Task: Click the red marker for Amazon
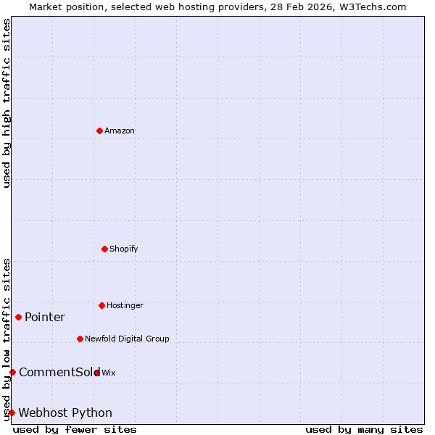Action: tap(99, 130)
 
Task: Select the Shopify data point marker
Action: tap(104, 249)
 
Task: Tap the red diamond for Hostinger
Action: tap(101, 305)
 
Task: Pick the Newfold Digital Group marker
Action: tap(80, 339)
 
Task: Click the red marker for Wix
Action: tap(96, 373)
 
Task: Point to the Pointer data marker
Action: tap(18, 317)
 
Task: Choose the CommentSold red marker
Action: tap(12, 372)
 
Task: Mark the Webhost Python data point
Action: tap(12, 413)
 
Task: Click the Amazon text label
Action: tap(120, 131)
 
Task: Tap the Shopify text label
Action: tap(124, 249)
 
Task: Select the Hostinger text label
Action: tap(125, 306)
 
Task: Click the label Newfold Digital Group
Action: tap(127, 339)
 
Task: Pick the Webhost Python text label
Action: tap(65, 413)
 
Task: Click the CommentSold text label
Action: tap(58, 373)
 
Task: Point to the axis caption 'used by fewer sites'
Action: tap(75, 430)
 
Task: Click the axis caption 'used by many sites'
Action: tap(364, 430)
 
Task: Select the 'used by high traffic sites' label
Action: tap(7, 103)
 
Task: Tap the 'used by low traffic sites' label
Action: tap(7, 339)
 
